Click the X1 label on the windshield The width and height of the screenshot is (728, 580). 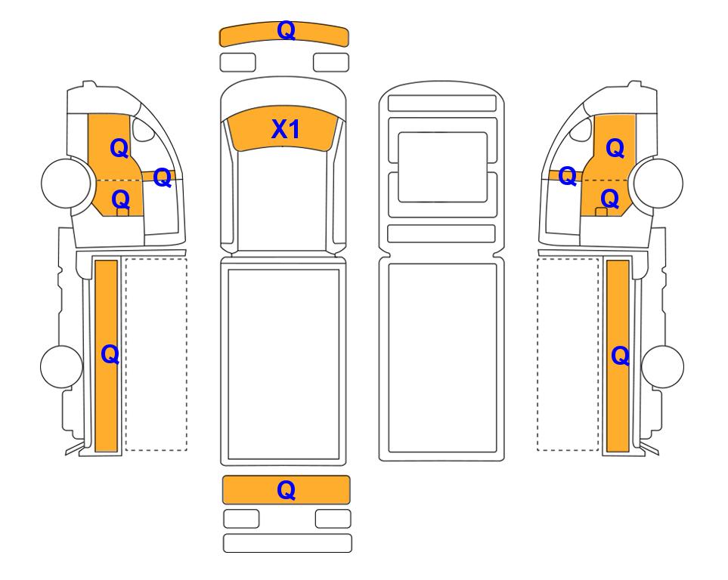(286, 129)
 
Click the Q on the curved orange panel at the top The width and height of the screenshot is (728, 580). (286, 31)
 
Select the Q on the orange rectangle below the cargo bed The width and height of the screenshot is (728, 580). (286, 490)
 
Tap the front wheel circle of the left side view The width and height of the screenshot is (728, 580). (66, 182)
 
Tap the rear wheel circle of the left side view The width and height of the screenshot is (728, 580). (62, 366)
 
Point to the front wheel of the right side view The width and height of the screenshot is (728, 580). (658, 183)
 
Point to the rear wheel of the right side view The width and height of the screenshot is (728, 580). (662, 366)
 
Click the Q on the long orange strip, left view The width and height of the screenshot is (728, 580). (110, 355)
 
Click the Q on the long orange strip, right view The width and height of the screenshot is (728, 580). (621, 356)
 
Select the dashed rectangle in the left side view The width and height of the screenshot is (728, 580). (156, 354)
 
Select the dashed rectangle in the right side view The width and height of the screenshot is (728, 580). (568, 354)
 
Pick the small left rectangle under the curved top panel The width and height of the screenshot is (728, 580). (237, 63)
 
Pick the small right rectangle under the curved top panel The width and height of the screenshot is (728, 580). (331, 63)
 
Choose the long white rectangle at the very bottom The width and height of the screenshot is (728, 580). (287, 543)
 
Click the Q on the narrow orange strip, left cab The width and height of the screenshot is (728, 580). (162, 177)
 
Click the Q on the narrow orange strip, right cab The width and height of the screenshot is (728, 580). (568, 176)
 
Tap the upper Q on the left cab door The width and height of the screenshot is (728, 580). (119, 149)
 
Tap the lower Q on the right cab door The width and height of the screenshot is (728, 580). (610, 199)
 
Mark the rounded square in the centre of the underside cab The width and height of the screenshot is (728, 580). (442, 167)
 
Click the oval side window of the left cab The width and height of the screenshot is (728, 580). (143, 129)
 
